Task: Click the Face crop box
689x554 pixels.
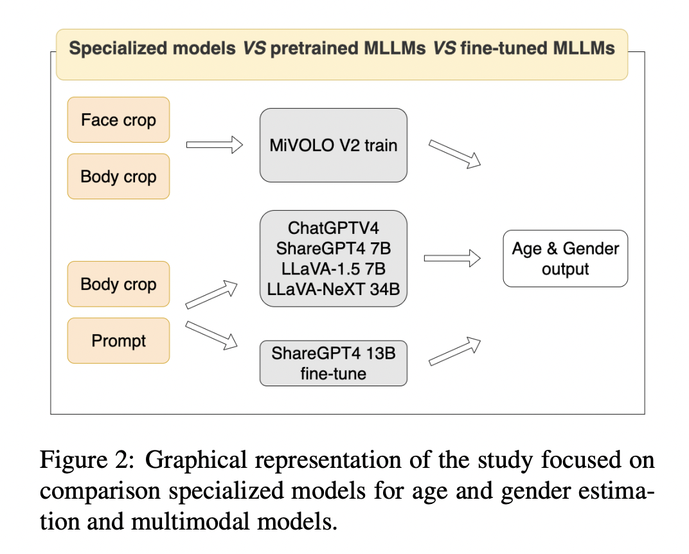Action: (118, 120)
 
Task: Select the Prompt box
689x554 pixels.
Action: (118, 341)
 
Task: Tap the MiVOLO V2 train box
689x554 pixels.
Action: (333, 145)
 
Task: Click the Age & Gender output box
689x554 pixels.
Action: (565, 258)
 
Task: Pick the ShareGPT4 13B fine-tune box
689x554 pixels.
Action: (333, 362)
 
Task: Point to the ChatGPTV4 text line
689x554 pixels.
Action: (333, 228)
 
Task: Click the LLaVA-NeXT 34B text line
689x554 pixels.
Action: (333, 289)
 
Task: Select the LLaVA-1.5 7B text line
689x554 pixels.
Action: (333, 269)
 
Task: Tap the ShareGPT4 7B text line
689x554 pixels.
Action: (333, 248)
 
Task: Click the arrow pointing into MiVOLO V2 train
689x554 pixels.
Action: (214, 145)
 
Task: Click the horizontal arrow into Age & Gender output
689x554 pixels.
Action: (452, 258)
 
